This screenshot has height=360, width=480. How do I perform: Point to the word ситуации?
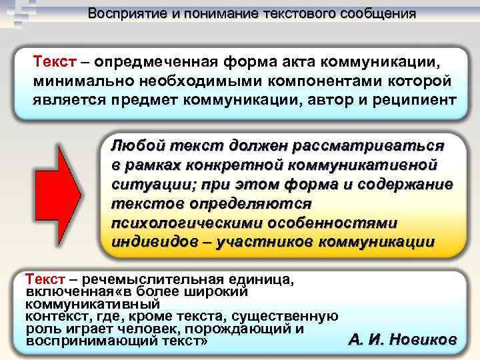click(x=145, y=183)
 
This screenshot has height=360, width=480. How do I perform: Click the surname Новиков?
click(x=419, y=339)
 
